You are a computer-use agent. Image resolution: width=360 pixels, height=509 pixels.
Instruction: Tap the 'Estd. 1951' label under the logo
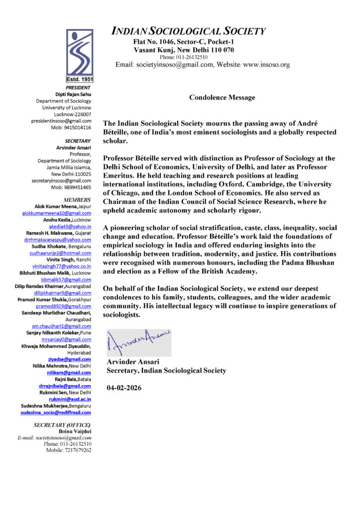coord(80,79)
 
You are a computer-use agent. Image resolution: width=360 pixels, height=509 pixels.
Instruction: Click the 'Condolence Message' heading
coord(222,97)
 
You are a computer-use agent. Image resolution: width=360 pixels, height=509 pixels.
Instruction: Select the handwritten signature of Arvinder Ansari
coord(139,342)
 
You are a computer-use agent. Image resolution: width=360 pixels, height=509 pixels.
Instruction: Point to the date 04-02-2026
coord(124,388)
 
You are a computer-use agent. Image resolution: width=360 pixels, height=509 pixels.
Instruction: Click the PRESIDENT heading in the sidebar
coord(78,87)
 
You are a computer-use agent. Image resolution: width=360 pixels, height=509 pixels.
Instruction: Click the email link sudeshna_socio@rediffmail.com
coord(56,413)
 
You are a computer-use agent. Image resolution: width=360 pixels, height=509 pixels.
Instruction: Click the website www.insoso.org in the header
coord(266,65)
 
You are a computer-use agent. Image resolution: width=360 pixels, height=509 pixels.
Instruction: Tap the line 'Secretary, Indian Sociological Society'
coord(166,370)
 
